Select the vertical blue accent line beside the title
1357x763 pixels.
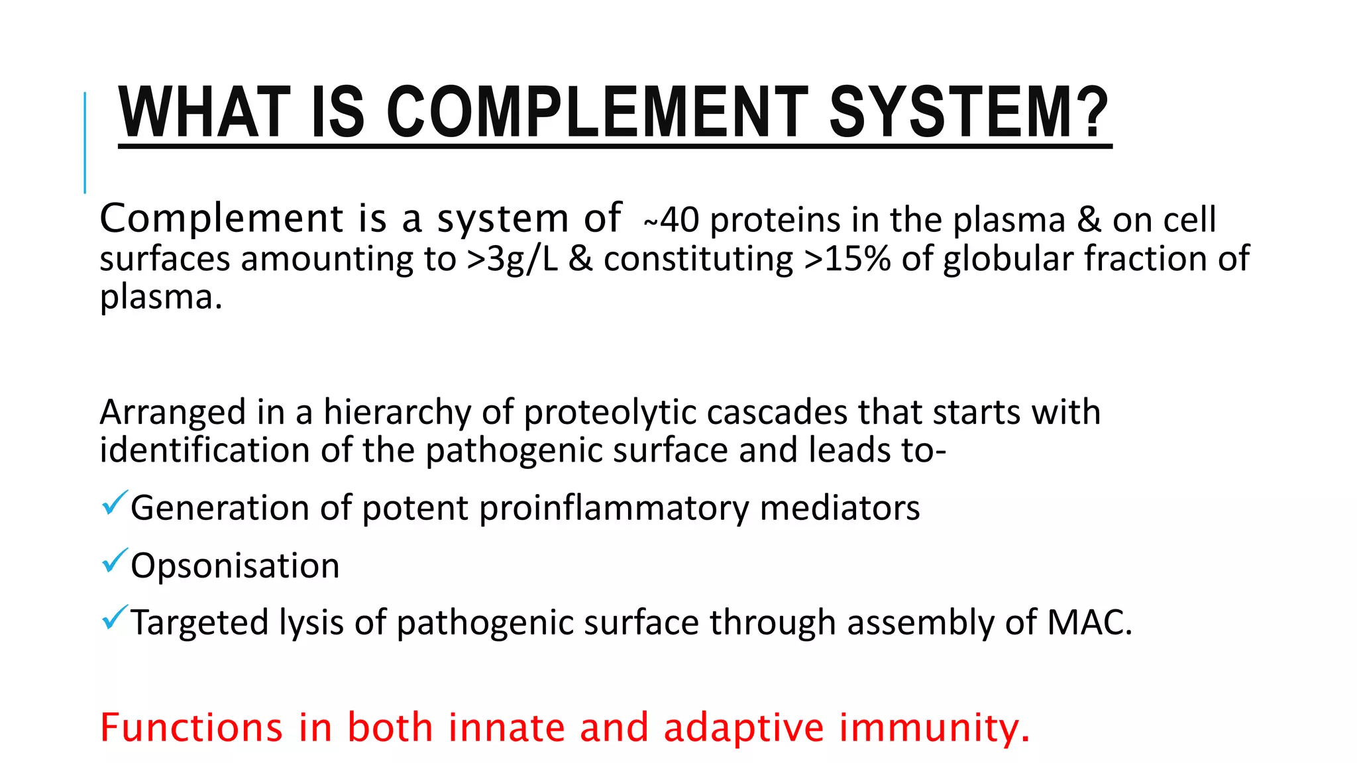[85, 142]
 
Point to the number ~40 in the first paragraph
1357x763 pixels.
[671, 221]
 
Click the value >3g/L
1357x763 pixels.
[512, 259]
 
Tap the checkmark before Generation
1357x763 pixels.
[114, 504]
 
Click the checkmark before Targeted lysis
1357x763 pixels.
[114, 618]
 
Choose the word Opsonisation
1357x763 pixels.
[235, 566]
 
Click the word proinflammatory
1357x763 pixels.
[614, 509]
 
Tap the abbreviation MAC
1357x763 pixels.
[1087, 623]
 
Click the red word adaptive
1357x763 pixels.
[743, 727]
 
